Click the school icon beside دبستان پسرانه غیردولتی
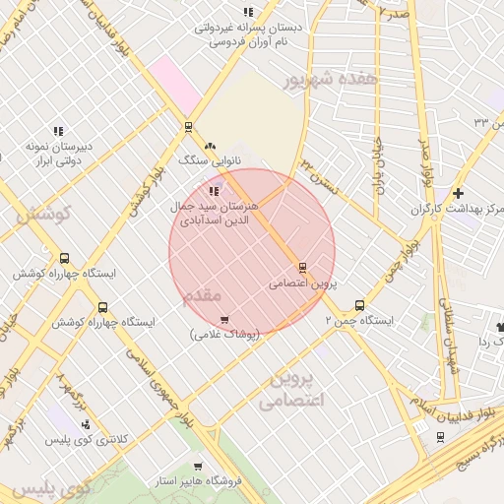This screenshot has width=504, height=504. pos(247,12)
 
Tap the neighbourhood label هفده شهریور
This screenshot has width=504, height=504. pos(315,81)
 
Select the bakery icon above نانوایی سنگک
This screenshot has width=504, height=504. pos(210,145)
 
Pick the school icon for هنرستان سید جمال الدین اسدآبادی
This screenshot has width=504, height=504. pos(215,191)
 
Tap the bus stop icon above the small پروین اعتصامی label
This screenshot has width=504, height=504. pos(301,267)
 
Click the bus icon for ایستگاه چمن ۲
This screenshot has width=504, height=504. pos(359,305)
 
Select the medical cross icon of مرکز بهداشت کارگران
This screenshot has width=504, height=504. pos(458,192)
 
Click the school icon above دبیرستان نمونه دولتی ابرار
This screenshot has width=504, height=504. pos(58,131)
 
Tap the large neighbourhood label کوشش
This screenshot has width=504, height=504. pos(39,214)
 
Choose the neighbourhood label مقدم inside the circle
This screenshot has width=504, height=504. pos(204,295)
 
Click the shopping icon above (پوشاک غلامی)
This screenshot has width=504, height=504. pos(224,319)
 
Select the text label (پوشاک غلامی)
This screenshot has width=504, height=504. pos(224,335)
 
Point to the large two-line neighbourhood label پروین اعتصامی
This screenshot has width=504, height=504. pos(292,391)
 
